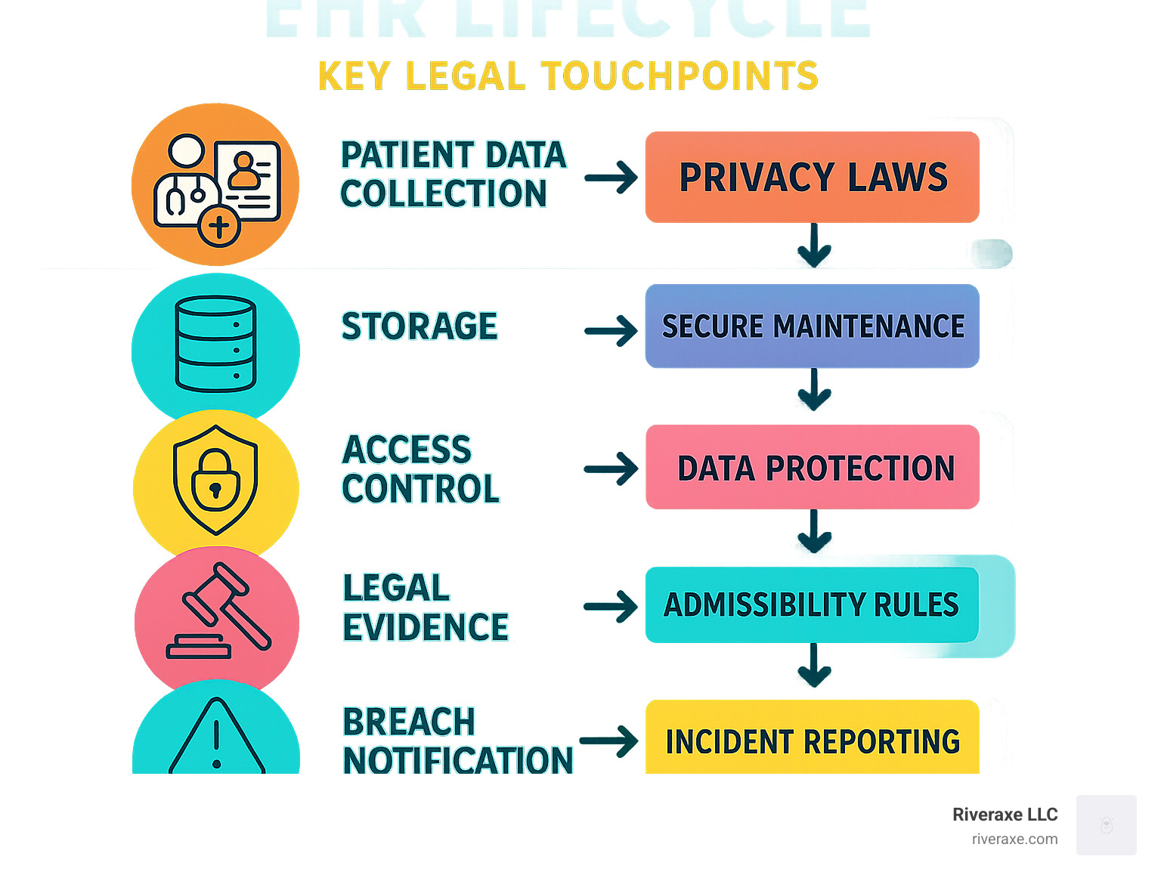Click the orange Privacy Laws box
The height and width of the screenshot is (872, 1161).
[x=812, y=178]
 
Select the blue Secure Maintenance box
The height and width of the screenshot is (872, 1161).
[x=812, y=326]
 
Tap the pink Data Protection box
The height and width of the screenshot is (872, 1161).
[x=812, y=467]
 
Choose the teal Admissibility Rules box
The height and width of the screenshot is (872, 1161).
[x=812, y=605]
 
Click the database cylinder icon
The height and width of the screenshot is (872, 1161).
[x=215, y=344]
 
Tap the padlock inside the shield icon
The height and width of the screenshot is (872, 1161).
[x=215, y=481]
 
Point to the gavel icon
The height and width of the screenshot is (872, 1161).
[x=219, y=612]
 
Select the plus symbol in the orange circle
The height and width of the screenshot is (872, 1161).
[x=219, y=226]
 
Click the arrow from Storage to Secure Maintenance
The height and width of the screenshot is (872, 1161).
[x=611, y=331]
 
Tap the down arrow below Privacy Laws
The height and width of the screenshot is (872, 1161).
[x=814, y=245]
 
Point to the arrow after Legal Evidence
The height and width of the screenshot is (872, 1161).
[x=611, y=607]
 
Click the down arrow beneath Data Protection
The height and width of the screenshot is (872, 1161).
[x=814, y=530]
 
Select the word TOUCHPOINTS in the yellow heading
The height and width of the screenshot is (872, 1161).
[x=680, y=76]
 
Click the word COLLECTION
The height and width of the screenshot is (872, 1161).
[x=444, y=194]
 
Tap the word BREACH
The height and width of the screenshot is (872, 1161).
[x=409, y=722]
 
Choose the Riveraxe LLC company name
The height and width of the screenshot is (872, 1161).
[x=1005, y=815]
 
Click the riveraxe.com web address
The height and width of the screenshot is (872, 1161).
[x=1014, y=839]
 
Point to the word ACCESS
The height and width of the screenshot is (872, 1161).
[x=407, y=450]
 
